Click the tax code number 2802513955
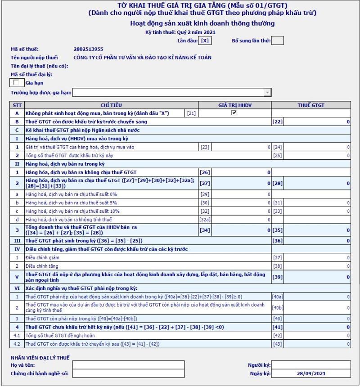[x=88, y=49]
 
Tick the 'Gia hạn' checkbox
[x=17, y=82]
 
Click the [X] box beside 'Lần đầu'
[x=205, y=40]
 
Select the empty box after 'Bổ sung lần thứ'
[x=278, y=40]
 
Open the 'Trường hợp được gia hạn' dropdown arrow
[x=268, y=93]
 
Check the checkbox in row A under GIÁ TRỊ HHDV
[x=234, y=113]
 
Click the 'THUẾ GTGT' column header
[x=311, y=105]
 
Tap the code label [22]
[x=277, y=122]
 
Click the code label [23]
[x=205, y=147]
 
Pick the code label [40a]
[x=278, y=297]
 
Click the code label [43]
[x=277, y=344]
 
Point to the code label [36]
[x=277, y=241]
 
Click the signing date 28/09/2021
[x=311, y=373]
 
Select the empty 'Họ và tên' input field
[x=128, y=365]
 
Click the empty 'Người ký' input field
[x=311, y=365]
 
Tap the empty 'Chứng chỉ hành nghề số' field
[x=128, y=373]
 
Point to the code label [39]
[x=277, y=277]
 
